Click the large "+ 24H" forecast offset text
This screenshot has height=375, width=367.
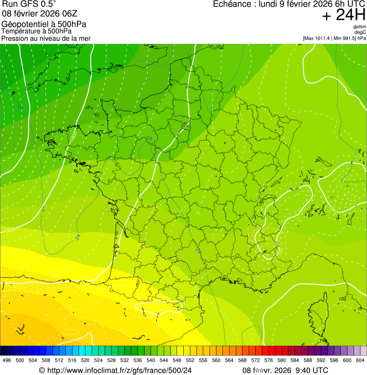[344, 16]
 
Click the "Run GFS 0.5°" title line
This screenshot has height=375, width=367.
[29, 4]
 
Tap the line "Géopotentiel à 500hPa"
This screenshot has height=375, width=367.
[44, 24]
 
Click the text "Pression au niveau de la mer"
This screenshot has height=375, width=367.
[46, 38]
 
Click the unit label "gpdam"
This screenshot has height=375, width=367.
[359, 27]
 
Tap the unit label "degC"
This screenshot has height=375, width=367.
[360, 32]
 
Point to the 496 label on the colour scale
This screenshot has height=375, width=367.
[7, 360]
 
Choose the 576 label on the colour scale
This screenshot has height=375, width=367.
[269, 360]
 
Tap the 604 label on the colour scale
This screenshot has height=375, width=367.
[360, 360]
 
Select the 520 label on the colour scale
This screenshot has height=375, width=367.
[85, 360]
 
